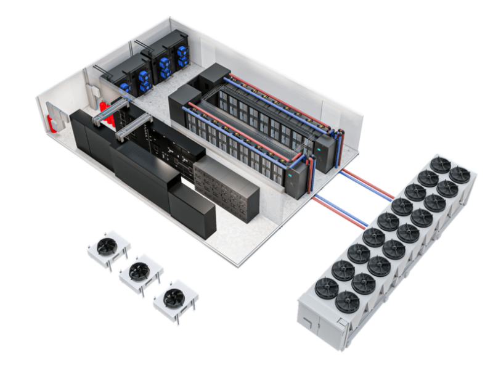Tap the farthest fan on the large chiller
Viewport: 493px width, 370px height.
click(x=459, y=174)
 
